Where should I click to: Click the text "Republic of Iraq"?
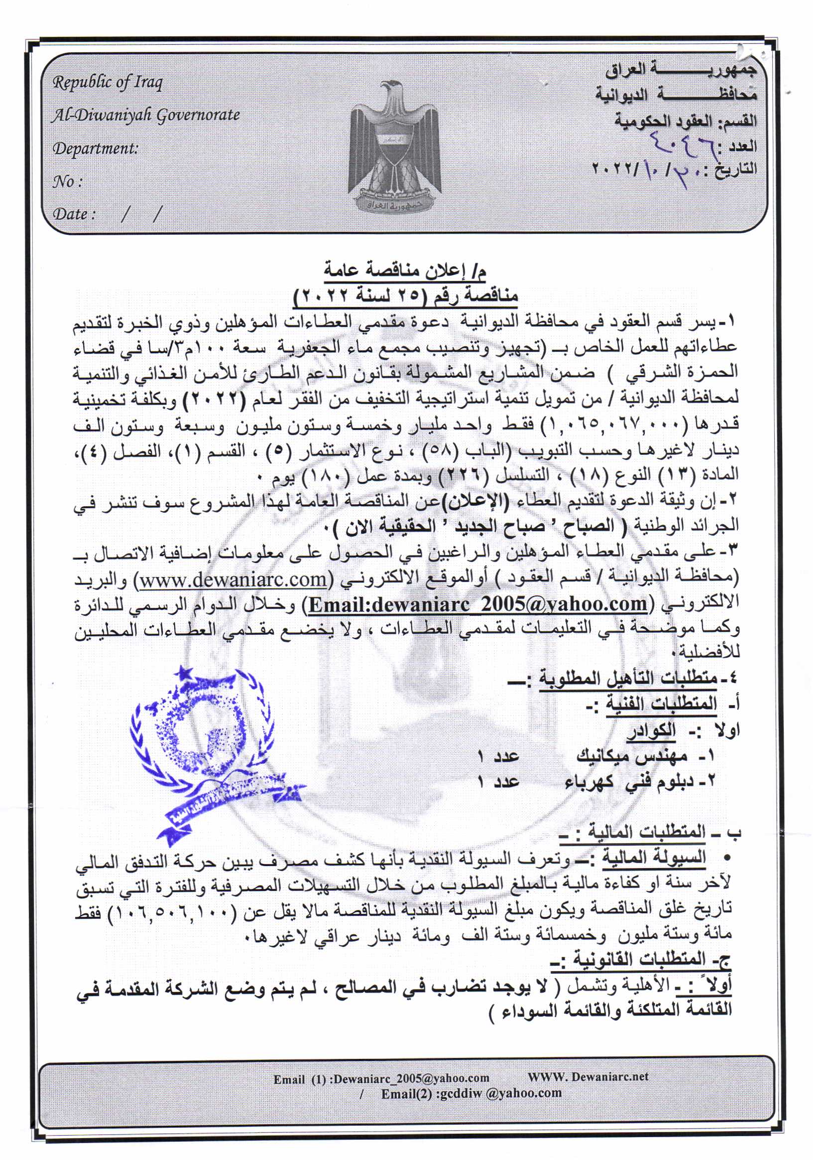click(108, 83)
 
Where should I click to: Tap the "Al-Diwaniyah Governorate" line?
click(145, 116)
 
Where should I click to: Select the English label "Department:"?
click(95, 148)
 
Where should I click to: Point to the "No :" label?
click(67, 182)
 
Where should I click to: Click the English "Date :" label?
click(74, 214)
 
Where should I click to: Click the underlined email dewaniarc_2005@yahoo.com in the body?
click(477, 604)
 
